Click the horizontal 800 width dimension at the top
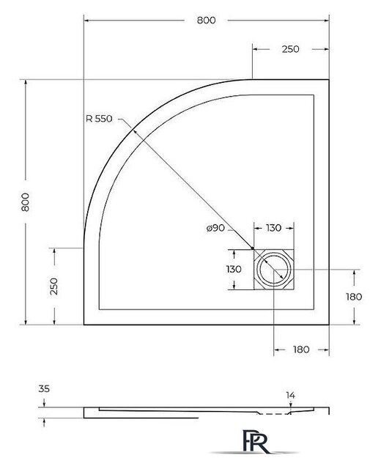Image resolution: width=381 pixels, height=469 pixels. (x=206, y=21)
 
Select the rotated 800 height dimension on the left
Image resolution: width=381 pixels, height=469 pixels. (x=26, y=202)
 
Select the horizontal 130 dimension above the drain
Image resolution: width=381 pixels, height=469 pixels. (x=274, y=229)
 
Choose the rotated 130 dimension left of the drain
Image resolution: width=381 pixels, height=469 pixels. (x=234, y=270)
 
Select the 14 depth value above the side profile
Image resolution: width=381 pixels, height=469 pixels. (x=290, y=396)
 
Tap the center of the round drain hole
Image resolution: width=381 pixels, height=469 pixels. (x=274, y=270)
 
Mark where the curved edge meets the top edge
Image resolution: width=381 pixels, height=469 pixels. (x=253, y=78)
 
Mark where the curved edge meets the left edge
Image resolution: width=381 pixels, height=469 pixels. (x=84, y=246)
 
